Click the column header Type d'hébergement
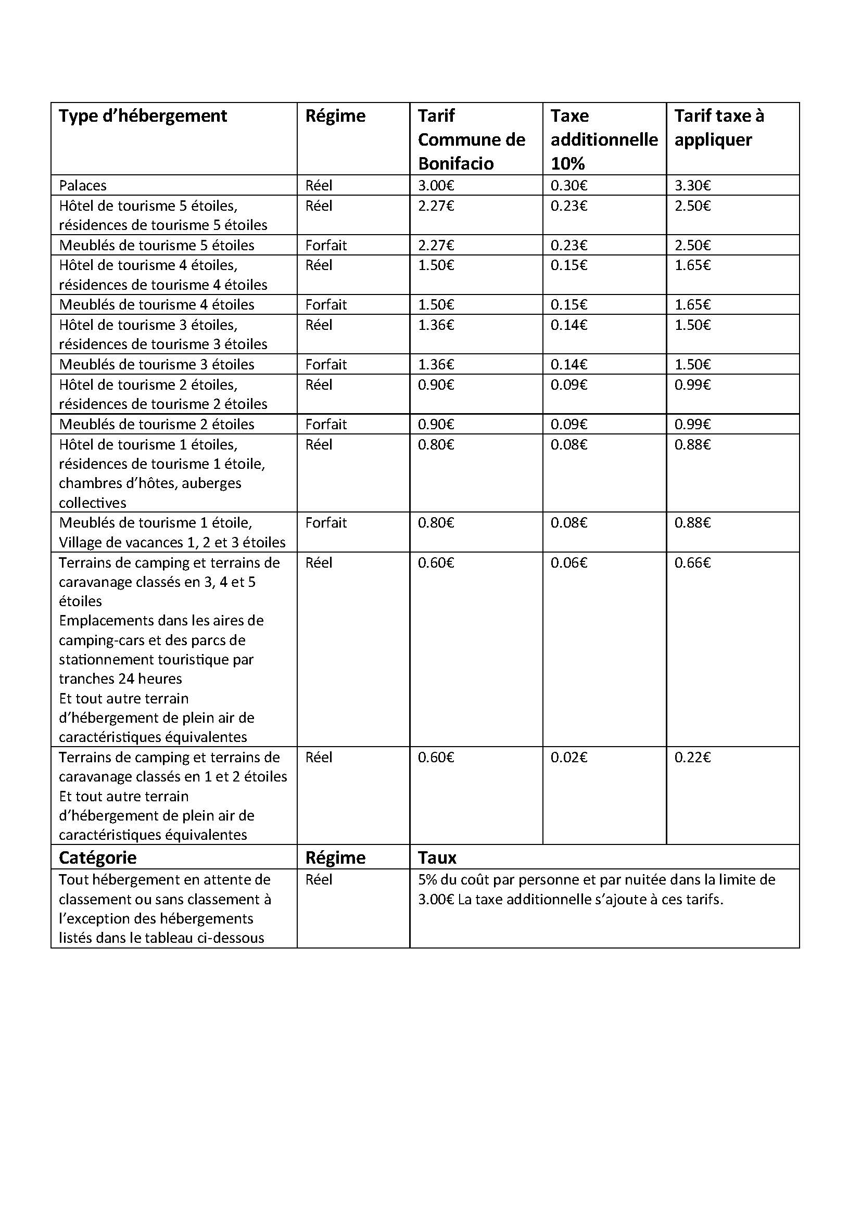(x=143, y=116)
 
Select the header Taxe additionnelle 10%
(x=604, y=139)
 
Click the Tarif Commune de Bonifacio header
(x=471, y=139)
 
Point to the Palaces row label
(x=83, y=186)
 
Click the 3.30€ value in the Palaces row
(x=692, y=186)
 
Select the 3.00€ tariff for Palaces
(x=436, y=186)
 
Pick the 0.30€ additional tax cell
(x=569, y=186)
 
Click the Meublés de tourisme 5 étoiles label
(x=156, y=246)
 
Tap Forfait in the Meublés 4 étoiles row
(x=325, y=305)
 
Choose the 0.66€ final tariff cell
(x=692, y=562)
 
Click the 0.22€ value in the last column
(x=692, y=757)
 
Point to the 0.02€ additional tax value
(x=569, y=757)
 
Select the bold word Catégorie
(x=97, y=857)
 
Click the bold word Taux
(x=437, y=857)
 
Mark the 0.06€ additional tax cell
(x=569, y=562)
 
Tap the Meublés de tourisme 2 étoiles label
(x=156, y=424)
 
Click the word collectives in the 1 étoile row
(x=93, y=503)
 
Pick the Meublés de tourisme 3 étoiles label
(x=156, y=365)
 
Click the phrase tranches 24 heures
(x=120, y=678)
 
